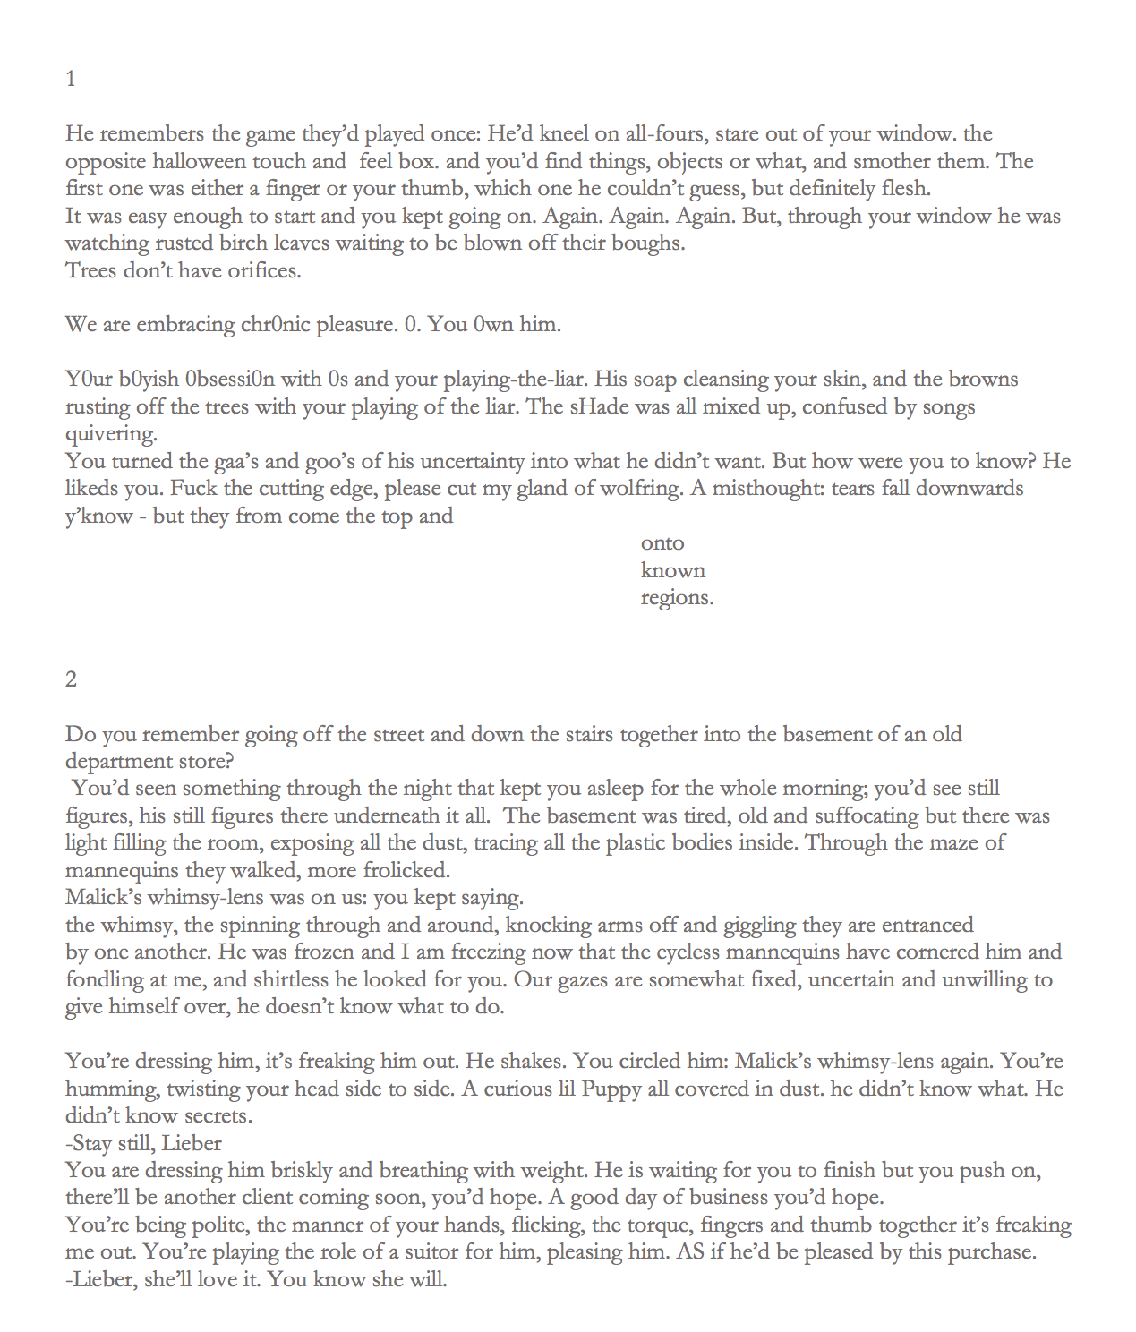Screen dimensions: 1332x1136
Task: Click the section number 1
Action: (x=71, y=80)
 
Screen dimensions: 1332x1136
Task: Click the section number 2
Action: (x=71, y=679)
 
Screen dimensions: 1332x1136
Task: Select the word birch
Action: (x=243, y=243)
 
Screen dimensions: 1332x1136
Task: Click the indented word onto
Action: (x=662, y=543)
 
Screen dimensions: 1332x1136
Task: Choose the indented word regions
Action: (x=677, y=598)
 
